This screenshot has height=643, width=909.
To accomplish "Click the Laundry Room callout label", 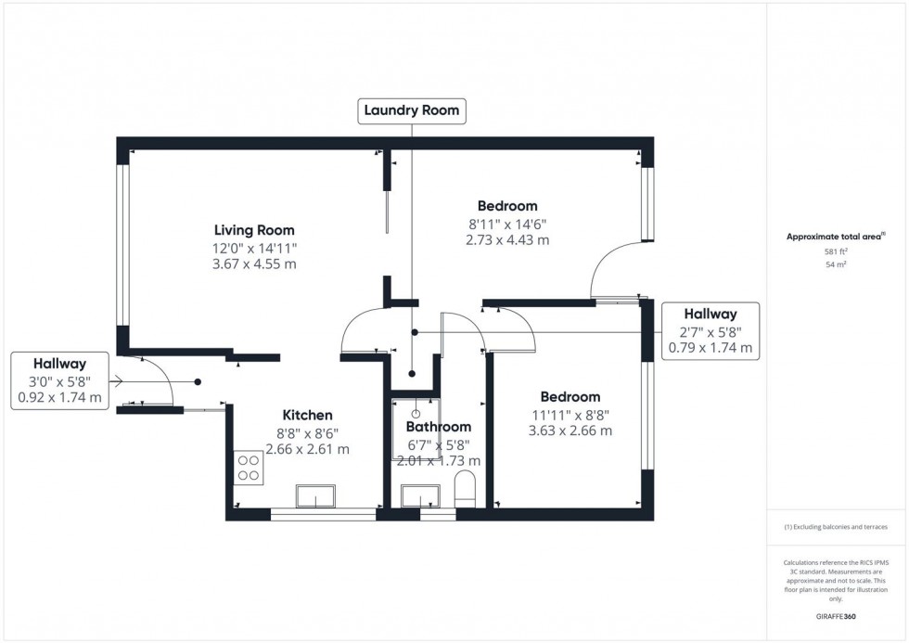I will coord(411,110).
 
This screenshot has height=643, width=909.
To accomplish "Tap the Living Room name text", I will coord(254,230).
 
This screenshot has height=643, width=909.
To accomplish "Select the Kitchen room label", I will coord(307,415).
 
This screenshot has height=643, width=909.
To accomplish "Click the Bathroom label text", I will coord(438,427).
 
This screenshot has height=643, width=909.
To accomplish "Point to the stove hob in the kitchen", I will coord(249,466).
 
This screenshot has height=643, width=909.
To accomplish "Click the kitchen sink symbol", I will coord(317,496).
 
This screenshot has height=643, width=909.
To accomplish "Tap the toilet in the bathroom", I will coord(465,488).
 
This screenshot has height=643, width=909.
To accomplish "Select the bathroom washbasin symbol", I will coord(421,496).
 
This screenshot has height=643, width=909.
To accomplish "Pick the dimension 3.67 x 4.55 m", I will coord(254,264).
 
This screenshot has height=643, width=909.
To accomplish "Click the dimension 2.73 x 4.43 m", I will coord(507,239).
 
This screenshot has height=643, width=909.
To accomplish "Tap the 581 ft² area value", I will coord(836,251).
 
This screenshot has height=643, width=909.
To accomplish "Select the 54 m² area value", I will coord(836,264).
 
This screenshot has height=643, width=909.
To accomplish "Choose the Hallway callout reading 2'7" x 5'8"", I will coord(710,331).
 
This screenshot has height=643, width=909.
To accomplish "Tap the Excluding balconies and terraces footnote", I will coord(836,527).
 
